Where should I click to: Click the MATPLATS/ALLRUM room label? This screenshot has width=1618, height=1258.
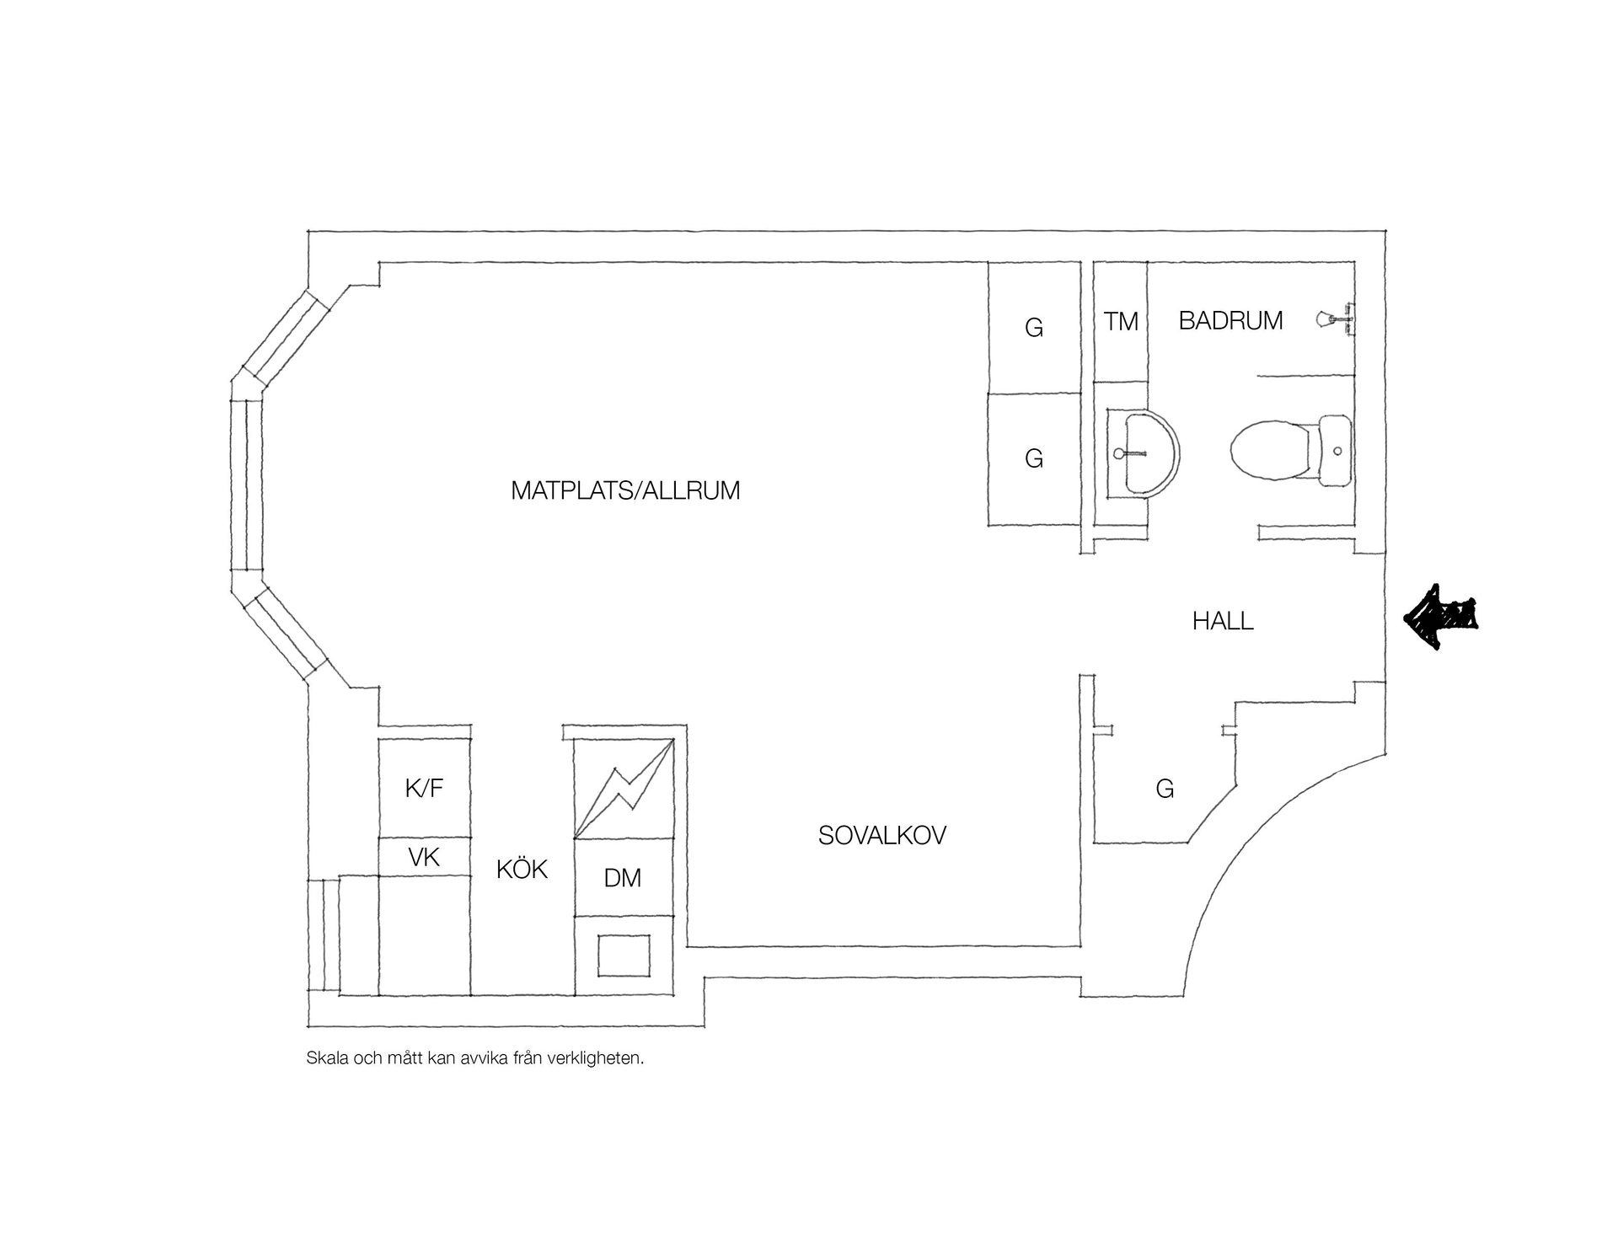pyautogui.click(x=625, y=490)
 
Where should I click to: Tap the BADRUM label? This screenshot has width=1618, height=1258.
pyautogui.click(x=1230, y=321)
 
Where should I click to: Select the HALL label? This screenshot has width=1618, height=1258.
pyautogui.click(x=1223, y=622)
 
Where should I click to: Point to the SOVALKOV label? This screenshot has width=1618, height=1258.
pyautogui.click(x=882, y=835)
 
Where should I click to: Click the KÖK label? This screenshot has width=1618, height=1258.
pyautogui.click(x=522, y=869)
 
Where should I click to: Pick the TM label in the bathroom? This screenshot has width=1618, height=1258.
pyautogui.click(x=1122, y=321)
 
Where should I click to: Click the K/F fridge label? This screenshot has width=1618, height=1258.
pyautogui.click(x=424, y=789)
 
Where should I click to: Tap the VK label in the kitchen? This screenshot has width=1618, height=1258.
pyautogui.click(x=424, y=858)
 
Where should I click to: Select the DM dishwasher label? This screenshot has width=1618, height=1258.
pyautogui.click(x=623, y=878)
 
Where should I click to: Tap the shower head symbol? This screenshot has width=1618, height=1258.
pyautogui.click(x=1335, y=319)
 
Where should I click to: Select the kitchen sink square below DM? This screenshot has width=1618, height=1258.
pyautogui.click(x=624, y=955)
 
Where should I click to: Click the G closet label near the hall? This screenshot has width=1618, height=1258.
pyautogui.click(x=1165, y=789)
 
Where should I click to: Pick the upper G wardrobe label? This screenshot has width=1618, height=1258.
pyautogui.click(x=1034, y=328)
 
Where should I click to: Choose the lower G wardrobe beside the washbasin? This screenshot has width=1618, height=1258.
pyautogui.click(x=1034, y=459)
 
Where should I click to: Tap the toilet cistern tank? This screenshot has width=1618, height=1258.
pyautogui.click(x=1335, y=451)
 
